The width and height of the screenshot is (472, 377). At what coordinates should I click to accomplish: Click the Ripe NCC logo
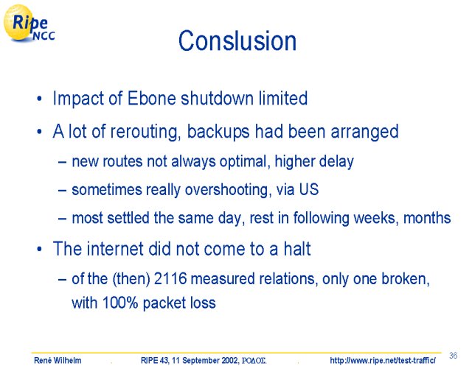tap(29, 24)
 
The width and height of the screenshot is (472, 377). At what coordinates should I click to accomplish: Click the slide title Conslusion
tap(237, 41)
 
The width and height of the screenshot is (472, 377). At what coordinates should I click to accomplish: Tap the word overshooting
tap(226, 190)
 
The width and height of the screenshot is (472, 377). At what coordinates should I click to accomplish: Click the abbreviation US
tap(309, 189)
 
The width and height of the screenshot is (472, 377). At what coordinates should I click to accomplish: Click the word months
tap(427, 218)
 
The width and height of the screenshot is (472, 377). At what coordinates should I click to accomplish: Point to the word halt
tap(297, 249)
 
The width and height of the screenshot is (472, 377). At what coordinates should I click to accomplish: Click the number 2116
tap(170, 278)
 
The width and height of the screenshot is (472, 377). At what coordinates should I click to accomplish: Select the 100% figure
tap(120, 303)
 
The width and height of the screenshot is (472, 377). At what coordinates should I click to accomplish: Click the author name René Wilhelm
tap(58, 360)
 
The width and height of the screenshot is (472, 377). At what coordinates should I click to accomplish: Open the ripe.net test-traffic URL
tap(383, 360)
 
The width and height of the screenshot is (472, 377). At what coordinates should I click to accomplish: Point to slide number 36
tap(454, 356)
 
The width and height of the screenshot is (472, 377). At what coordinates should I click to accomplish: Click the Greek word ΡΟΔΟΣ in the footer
tap(254, 361)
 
